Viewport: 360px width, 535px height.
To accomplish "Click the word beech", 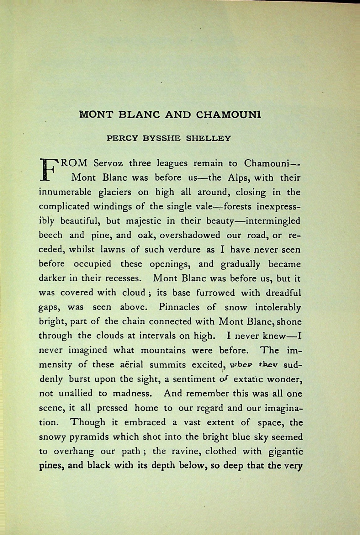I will (50, 235).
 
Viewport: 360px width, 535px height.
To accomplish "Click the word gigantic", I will (286, 452).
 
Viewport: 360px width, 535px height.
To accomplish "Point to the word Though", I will (88, 422).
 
